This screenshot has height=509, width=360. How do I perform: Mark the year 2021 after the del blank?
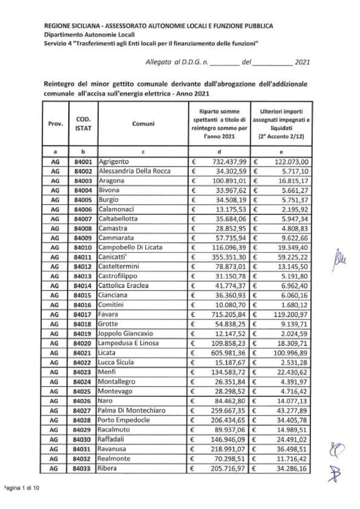302,63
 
